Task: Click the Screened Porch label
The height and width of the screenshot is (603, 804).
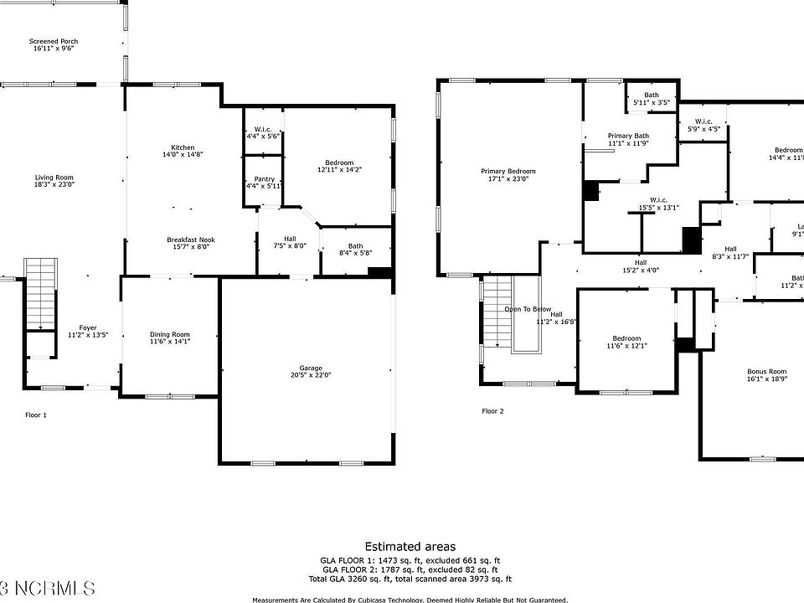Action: tap(54, 41)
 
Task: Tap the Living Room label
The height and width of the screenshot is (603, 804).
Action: tap(54, 178)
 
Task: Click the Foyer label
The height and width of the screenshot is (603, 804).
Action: tap(88, 327)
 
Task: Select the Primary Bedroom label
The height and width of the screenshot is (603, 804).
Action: tap(508, 172)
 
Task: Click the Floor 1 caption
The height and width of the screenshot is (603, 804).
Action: tap(36, 415)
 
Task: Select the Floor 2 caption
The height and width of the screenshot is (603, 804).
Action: tap(492, 411)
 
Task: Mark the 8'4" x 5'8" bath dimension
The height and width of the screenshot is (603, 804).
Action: tap(356, 253)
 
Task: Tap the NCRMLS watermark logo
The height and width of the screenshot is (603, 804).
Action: tap(48, 585)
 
